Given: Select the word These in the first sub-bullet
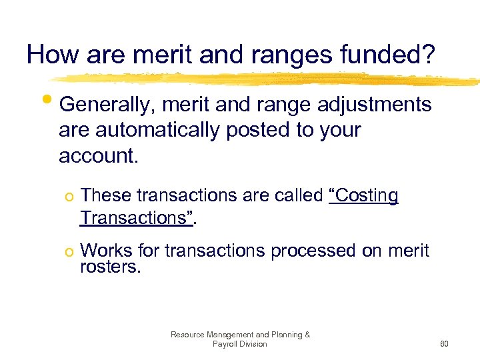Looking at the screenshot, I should pyautogui.click(x=105, y=195).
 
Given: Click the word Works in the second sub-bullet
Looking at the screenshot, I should pyautogui.click(x=107, y=251).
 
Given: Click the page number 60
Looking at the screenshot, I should pyautogui.click(x=444, y=344).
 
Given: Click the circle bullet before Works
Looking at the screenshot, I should pyautogui.click(x=69, y=251).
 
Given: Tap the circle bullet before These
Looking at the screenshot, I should pyautogui.click(x=69, y=196).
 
